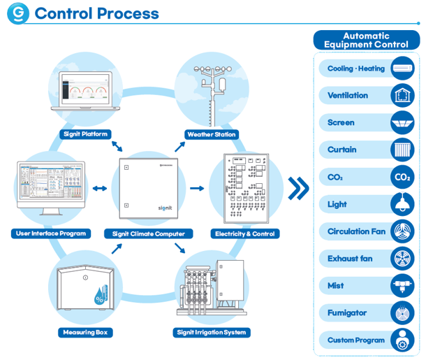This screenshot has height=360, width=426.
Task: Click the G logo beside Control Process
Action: [x=18, y=13]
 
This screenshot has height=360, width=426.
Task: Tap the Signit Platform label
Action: [x=85, y=134]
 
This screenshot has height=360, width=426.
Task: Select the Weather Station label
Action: [x=212, y=134]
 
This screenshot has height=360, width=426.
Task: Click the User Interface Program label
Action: [x=51, y=233]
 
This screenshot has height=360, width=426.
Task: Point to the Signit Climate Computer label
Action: [x=148, y=234]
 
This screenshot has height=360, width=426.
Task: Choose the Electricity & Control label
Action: [x=245, y=234]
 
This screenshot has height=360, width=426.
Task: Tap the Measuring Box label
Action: [x=85, y=332]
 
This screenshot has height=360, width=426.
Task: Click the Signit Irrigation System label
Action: [x=212, y=332]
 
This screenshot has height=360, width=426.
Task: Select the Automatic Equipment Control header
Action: [x=366, y=40]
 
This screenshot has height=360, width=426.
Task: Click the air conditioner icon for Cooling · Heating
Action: [x=402, y=69]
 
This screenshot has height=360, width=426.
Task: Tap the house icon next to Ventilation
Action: [x=402, y=96]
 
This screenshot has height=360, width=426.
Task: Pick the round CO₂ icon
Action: [x=402, y=177]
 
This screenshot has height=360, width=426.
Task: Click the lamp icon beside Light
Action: [x=402, y=204]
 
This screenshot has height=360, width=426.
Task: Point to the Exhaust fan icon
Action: [x=402, y=259]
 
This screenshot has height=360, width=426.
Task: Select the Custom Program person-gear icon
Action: [x=402, y=340]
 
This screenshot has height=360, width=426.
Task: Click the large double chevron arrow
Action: [x=298, y=189]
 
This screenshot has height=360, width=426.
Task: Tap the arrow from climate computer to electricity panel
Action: [x=197, y=189]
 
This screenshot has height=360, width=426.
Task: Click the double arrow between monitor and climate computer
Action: [x=100, y=189]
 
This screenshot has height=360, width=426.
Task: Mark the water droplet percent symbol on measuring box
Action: [x=100, y=296]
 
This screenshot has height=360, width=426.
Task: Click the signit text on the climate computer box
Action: [x=166, y=208]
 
